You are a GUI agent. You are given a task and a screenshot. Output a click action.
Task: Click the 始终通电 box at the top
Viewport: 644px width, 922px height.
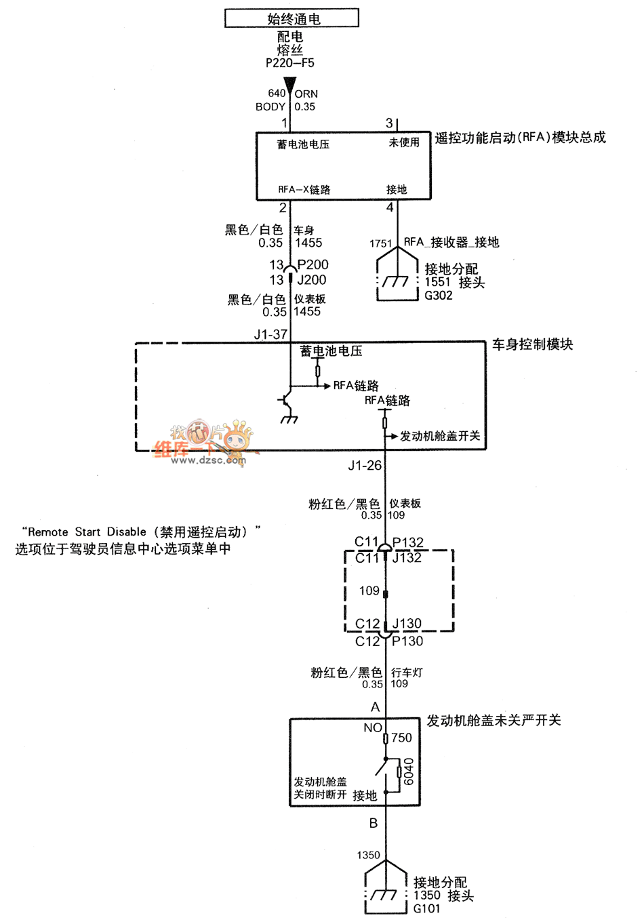pyautogui.click(x=291, y=18)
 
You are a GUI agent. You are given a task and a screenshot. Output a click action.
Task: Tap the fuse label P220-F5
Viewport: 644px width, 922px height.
pyautogui.click(x=289, y=63)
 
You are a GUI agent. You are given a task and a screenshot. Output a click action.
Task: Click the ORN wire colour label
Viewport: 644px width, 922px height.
pyautogui.click(x=306, y=94)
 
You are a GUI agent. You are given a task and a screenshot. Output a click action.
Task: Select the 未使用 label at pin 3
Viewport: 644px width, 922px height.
pyautogui.click(x=404, y=142)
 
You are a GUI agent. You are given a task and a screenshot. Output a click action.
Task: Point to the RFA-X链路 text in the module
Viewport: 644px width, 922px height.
pyautogui.click(x=304, y=190)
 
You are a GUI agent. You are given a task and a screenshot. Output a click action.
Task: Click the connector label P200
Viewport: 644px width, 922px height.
pyautogui.click(x=313, y=264)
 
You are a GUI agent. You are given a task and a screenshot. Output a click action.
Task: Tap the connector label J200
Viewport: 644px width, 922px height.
pyautogui.click(x=312, y=280)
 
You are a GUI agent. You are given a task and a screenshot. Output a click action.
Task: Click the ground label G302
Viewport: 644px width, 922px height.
pyautogui.click(x=439, y=296)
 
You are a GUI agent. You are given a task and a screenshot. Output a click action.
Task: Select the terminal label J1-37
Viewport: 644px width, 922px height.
pyautogui.click(x=270, y=334)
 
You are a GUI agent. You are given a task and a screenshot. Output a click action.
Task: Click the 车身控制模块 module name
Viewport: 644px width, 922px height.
pyautogui.click(x=532, y=344)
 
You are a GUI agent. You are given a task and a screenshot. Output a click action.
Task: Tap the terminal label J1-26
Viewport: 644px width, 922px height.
pyautogui.click(x=365, y=466)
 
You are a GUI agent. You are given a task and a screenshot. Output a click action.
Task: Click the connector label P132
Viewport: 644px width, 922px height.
pyautogui.click(x=407, y=542)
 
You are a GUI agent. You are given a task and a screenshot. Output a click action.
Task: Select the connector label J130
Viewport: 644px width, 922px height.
pyautogui.click(x=407, y=624)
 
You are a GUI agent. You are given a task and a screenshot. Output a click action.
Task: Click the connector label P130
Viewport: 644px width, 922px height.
pyautogui.click(x=407, y=641)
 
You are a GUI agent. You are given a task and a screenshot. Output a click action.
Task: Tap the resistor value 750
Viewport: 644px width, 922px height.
pyautogui.click(x=401, y=738)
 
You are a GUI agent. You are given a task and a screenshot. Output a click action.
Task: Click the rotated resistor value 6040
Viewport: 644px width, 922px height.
pyautogui.click(x=409, y=771)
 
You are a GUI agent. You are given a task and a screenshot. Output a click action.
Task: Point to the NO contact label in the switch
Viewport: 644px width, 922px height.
pyautogui.click(x=373, y=728)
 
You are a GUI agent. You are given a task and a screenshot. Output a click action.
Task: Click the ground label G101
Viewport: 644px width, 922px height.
pyautogui.click(x=427, y=908)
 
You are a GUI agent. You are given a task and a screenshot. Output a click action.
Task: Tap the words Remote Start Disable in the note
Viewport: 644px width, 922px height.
pyautogui.click(x=87, y=532)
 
